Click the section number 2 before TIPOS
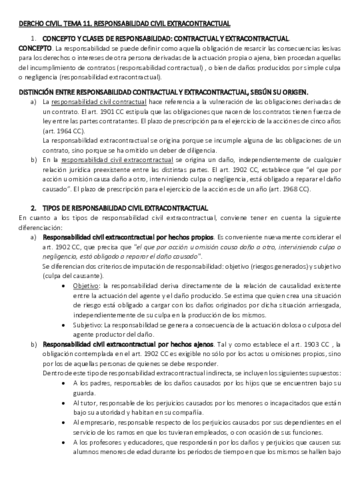(36, 226)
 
